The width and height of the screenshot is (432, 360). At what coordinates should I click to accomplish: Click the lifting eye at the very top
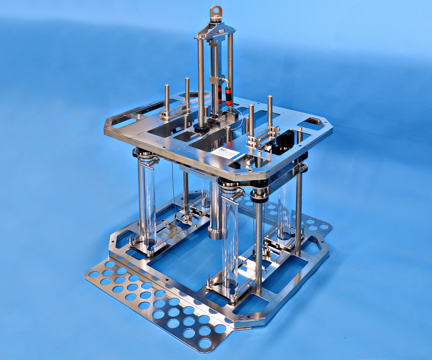[x=216, y=13]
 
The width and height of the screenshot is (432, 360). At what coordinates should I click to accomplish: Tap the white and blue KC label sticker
[x=228, y=153]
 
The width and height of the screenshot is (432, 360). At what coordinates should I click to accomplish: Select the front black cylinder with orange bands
[x=229, y=96]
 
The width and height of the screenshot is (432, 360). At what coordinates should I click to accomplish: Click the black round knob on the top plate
[x=285, y=140]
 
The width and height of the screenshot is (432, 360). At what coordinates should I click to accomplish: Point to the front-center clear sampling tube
[x=229, y=242]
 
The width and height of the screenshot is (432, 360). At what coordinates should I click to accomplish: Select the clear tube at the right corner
[x=285, y=207]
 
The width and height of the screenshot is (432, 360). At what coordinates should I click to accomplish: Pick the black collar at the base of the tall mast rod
[x=202, y=128]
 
